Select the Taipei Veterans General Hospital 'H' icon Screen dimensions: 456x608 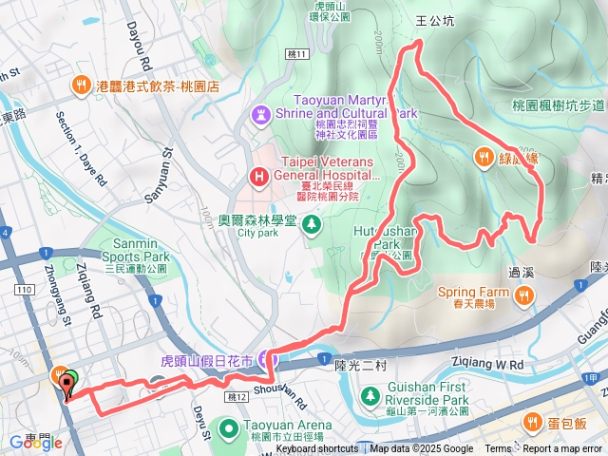pos(258,176)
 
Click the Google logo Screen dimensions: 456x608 pos(30,443)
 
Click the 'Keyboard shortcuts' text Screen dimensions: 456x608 pos(317,449)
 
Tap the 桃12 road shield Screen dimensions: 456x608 pos(237,396)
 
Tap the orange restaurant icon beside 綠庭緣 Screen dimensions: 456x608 pos(484,158)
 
